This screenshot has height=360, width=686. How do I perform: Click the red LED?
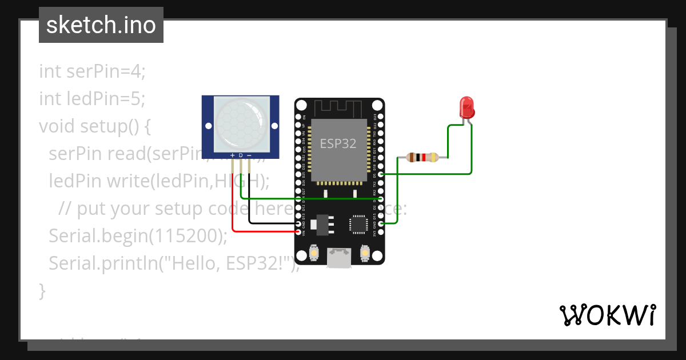[467, 107]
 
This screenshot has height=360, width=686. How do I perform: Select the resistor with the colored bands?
[422, 157]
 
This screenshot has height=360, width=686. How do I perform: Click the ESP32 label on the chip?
[338, 143]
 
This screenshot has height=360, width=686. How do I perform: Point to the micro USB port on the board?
[339, 258]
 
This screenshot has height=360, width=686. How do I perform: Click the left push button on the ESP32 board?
[313, 252]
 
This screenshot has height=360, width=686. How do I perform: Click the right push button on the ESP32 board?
[365, 252]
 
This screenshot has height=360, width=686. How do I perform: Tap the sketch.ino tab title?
[101, 25]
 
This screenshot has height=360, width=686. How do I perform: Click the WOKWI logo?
[608, 315]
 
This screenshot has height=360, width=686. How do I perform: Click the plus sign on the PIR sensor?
[232, 155]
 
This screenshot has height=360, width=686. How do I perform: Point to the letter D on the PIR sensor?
[241, 155]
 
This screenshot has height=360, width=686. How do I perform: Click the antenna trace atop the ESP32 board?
[339, 107]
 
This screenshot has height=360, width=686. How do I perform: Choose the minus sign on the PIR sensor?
[249, 155]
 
